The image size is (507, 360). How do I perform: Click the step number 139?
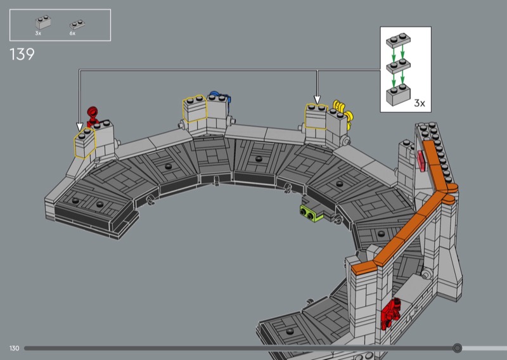(22, 55)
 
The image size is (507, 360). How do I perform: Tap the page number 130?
(14, 348)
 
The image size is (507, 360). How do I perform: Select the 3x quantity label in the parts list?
(38, 34)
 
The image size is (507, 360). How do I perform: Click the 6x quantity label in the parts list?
(72, 34)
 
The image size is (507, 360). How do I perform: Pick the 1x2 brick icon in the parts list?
(43, 22)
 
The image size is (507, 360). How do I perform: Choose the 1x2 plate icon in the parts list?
(77, 25)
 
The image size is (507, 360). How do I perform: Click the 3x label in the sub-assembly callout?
(420, 103)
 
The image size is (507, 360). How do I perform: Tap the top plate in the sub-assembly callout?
(399, 40)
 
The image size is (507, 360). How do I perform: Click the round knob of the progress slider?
(457, 348)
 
